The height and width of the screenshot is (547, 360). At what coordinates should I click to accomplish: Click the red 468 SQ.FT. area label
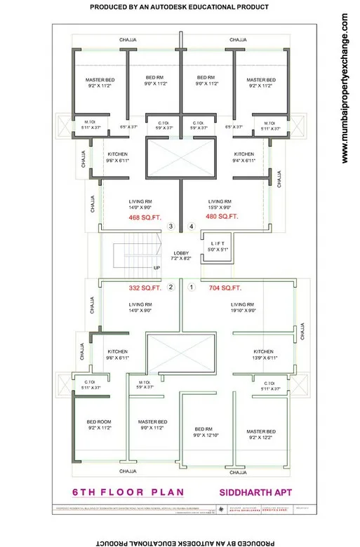[x=145, y=217]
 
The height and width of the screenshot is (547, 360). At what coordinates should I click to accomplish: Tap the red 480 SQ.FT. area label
[x=222, y=217]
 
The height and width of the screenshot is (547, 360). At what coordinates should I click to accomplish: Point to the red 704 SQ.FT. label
[x=225, y=288]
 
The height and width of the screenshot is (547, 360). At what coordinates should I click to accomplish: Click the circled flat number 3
[x=171, y=227]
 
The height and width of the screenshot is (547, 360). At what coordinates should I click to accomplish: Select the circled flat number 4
[x=191, y=227]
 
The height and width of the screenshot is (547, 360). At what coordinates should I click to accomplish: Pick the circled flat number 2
[x=171, y=287]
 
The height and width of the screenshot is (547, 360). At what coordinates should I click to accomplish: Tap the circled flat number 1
[x=191, y=287]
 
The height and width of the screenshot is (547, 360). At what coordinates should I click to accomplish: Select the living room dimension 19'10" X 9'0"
[x=244, y=309]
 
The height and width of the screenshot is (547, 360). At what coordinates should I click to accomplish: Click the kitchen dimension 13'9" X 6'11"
[x=263, y=358]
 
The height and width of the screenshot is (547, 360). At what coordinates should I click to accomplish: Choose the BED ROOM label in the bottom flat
[x=99, y=421]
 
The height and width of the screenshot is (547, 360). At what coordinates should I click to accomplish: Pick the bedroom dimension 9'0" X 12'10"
[x=204, y=435]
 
